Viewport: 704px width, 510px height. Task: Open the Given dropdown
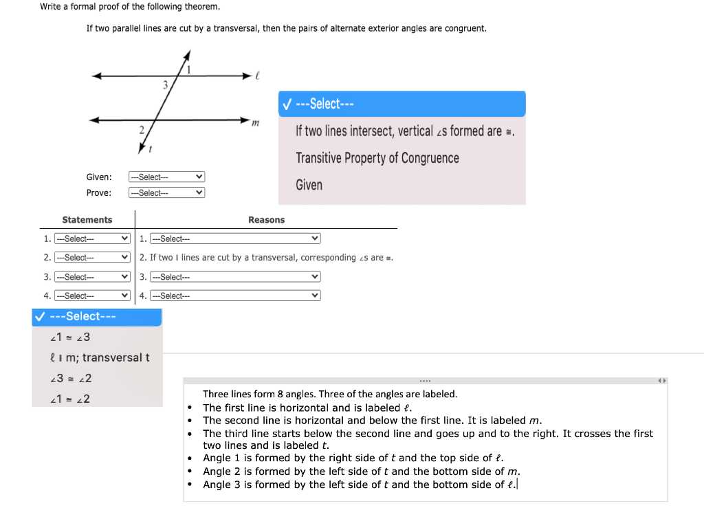coord(166,177)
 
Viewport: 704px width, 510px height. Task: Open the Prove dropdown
coord(166,193)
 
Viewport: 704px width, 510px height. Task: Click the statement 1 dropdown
coord(92,239)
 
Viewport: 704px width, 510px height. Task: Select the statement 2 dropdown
coord(92,258)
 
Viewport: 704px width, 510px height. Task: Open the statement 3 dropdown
coord(92,277)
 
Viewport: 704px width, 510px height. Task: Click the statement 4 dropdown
coord(92,296)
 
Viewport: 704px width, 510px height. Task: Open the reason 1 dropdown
coord(235,239)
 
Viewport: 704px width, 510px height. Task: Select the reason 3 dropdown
coord(235,277)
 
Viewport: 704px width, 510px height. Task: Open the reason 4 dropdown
coord(235,296)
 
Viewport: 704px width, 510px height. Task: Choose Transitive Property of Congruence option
coord(377,158)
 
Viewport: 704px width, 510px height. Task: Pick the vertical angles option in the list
coord(405,131)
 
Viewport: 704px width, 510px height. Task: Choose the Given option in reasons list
coord(309,185)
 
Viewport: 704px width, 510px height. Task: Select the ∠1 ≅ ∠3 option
coord(71,337)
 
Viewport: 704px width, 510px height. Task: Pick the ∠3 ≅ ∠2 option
coord(71,378)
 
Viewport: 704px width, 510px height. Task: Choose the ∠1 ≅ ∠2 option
coord(71,399)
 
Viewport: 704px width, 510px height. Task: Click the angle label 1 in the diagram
coord(190,69)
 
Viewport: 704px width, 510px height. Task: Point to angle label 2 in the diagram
coord(141,129)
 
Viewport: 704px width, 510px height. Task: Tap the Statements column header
coord(87,220)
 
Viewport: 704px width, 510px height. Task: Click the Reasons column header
coord(266,220)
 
